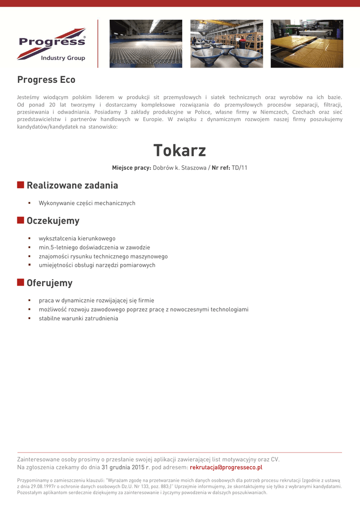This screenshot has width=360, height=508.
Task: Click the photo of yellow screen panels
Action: pyautogui.click(x=306, y=44)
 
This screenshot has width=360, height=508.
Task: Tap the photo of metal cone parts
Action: pyautogui.click(x=226, y=44)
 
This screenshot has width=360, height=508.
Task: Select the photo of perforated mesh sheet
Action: pyautogui.click(x=146, y=44)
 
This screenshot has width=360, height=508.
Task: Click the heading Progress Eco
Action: pyautogui.click(x=46, y=80)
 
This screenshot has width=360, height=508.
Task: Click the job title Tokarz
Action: pyautogui.click(x=180, y=150)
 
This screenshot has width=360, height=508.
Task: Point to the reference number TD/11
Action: pyautogui.click(x=239, y=168)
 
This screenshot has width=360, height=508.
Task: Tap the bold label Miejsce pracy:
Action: pyautogui.click(x=132, y=168)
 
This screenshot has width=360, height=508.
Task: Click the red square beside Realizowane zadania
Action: pyautogui.click(x=21, y=185)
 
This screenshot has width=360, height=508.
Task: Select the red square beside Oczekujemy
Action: pyautogui.click(x=21, y=220)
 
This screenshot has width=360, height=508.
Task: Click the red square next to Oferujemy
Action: pyautogui.click(x=21, y=283)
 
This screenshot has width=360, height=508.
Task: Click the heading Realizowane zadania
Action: pyautogui.click(x=72, y=186)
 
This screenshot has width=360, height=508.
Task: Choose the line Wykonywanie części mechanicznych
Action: pyautogui.click(x=87, y=203)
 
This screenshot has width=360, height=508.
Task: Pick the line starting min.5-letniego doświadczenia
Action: pyautogui.click(x=94, y=248)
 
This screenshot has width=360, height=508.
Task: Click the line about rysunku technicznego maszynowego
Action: pyautogui.click(x=103, y=256)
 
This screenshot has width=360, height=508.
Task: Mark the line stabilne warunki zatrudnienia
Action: pyautogui.click(x=78, y=318)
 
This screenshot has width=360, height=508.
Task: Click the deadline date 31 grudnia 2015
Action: pyautogui.click(x=123, y=467)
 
